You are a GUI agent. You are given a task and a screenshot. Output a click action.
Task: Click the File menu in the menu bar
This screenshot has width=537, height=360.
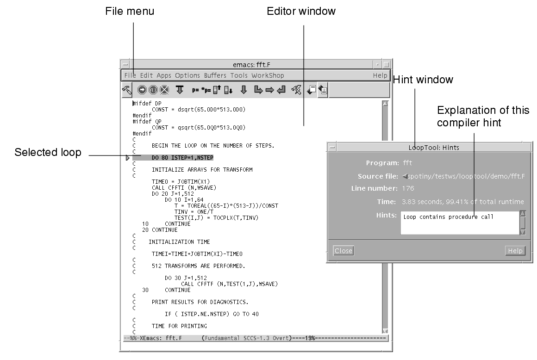point(130,75)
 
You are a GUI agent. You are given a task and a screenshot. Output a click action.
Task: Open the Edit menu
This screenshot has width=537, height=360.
point(146,75)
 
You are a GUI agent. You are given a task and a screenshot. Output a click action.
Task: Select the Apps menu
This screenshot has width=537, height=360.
point(163,75)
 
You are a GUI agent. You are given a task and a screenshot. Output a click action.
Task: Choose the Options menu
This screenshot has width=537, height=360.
point(187,75)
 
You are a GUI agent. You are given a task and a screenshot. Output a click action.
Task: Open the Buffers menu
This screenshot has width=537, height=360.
point(215,75)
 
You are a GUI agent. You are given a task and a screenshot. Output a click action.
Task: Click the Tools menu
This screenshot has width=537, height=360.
point(239,75)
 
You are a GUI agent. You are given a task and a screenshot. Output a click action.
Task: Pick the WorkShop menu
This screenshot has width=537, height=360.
point(268,75)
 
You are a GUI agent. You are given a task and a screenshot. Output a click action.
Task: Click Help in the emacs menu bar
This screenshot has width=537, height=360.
point(380,75)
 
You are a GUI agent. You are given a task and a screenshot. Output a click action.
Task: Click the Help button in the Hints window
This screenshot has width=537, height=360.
point(515,251)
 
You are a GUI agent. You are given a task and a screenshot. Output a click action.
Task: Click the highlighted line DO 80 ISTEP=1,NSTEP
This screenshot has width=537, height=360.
point(182,158)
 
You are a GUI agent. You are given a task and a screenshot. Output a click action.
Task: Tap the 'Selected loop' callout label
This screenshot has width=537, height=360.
point(48,152)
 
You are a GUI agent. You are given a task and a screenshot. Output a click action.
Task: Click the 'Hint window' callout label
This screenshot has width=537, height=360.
point(423,80)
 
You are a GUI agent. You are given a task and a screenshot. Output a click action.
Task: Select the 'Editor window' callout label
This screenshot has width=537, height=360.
point(301,12)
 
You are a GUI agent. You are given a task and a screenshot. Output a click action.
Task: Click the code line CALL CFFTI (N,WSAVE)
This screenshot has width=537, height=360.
point(184,187)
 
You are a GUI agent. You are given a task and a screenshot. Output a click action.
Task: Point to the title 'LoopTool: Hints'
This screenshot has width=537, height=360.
point(434,148)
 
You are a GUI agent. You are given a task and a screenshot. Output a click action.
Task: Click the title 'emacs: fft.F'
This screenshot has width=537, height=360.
point(255,65)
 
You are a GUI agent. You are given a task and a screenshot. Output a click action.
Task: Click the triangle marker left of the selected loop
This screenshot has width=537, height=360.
point(128,159)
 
